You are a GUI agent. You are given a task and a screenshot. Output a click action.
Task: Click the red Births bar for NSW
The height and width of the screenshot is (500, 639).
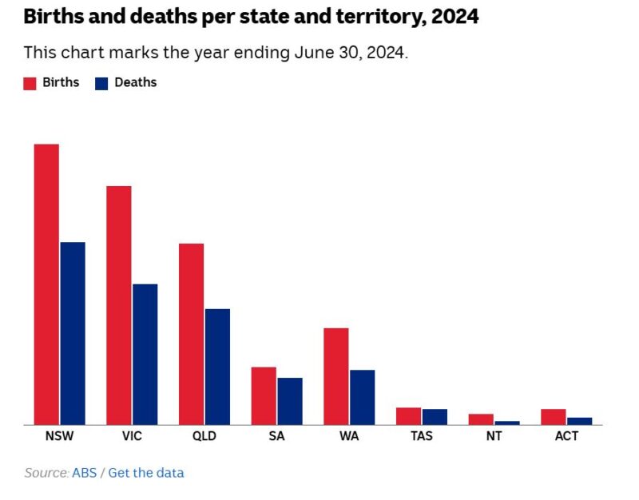pyautogui.click(x=46, y=284)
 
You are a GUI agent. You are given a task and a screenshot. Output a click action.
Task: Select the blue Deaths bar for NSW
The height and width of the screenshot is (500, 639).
pyautogui.click(x=73, y=333)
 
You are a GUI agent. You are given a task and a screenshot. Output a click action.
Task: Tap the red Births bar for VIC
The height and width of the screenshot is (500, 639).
pyautogui.click(x=119, y=305)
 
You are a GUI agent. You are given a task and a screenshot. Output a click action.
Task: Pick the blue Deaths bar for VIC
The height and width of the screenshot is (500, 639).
pyautogui.click(x=145, y=354)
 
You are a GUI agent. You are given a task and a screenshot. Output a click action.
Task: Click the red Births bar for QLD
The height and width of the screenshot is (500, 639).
pyautogui.click(x=191, y=334)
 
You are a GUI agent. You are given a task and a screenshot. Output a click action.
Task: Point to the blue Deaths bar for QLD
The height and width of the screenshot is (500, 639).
pyautogui.click(x=217, y=367)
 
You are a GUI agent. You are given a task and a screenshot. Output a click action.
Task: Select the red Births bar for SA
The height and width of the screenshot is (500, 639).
pyautogui.click(x=264, y=395)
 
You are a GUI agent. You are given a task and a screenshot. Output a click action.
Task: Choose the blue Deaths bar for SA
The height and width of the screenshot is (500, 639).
pyautogui.click(x=290, y=401)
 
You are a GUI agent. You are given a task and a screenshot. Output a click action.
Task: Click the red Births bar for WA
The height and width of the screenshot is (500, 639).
pyautogui.click(x=336, y=376)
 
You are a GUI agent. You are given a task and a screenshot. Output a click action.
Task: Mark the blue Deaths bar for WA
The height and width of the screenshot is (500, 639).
pyautogui.click(x=363, y=397)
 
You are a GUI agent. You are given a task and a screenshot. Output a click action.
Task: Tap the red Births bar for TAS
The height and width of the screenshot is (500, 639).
pyautogui.click(x=409, y=416)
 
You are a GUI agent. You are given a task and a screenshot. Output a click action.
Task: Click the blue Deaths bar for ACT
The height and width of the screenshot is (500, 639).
pyautogui.click(x=580, y=421)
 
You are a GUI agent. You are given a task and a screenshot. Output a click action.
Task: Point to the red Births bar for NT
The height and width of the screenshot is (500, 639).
pyautogui.click(x=481, y=419)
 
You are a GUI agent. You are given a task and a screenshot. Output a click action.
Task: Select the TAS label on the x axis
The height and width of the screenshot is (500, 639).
pyautogui.click(x=422, y=437)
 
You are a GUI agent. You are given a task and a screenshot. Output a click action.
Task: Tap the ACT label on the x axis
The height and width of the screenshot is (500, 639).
pyautogui.click(x=566, y=437)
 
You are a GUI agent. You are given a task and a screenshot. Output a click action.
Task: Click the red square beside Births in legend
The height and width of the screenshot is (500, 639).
pyautogui.click(x=30, y=83)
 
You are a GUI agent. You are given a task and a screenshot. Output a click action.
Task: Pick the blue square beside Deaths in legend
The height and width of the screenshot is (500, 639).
pyautogui.click(x=101, y=83)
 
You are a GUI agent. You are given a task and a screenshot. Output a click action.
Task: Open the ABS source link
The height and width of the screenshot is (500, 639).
pyautogui.click(x=84, y=473)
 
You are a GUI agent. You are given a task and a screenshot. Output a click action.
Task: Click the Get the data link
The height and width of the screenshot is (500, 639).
pyautogui.click(x=146, y=473)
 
